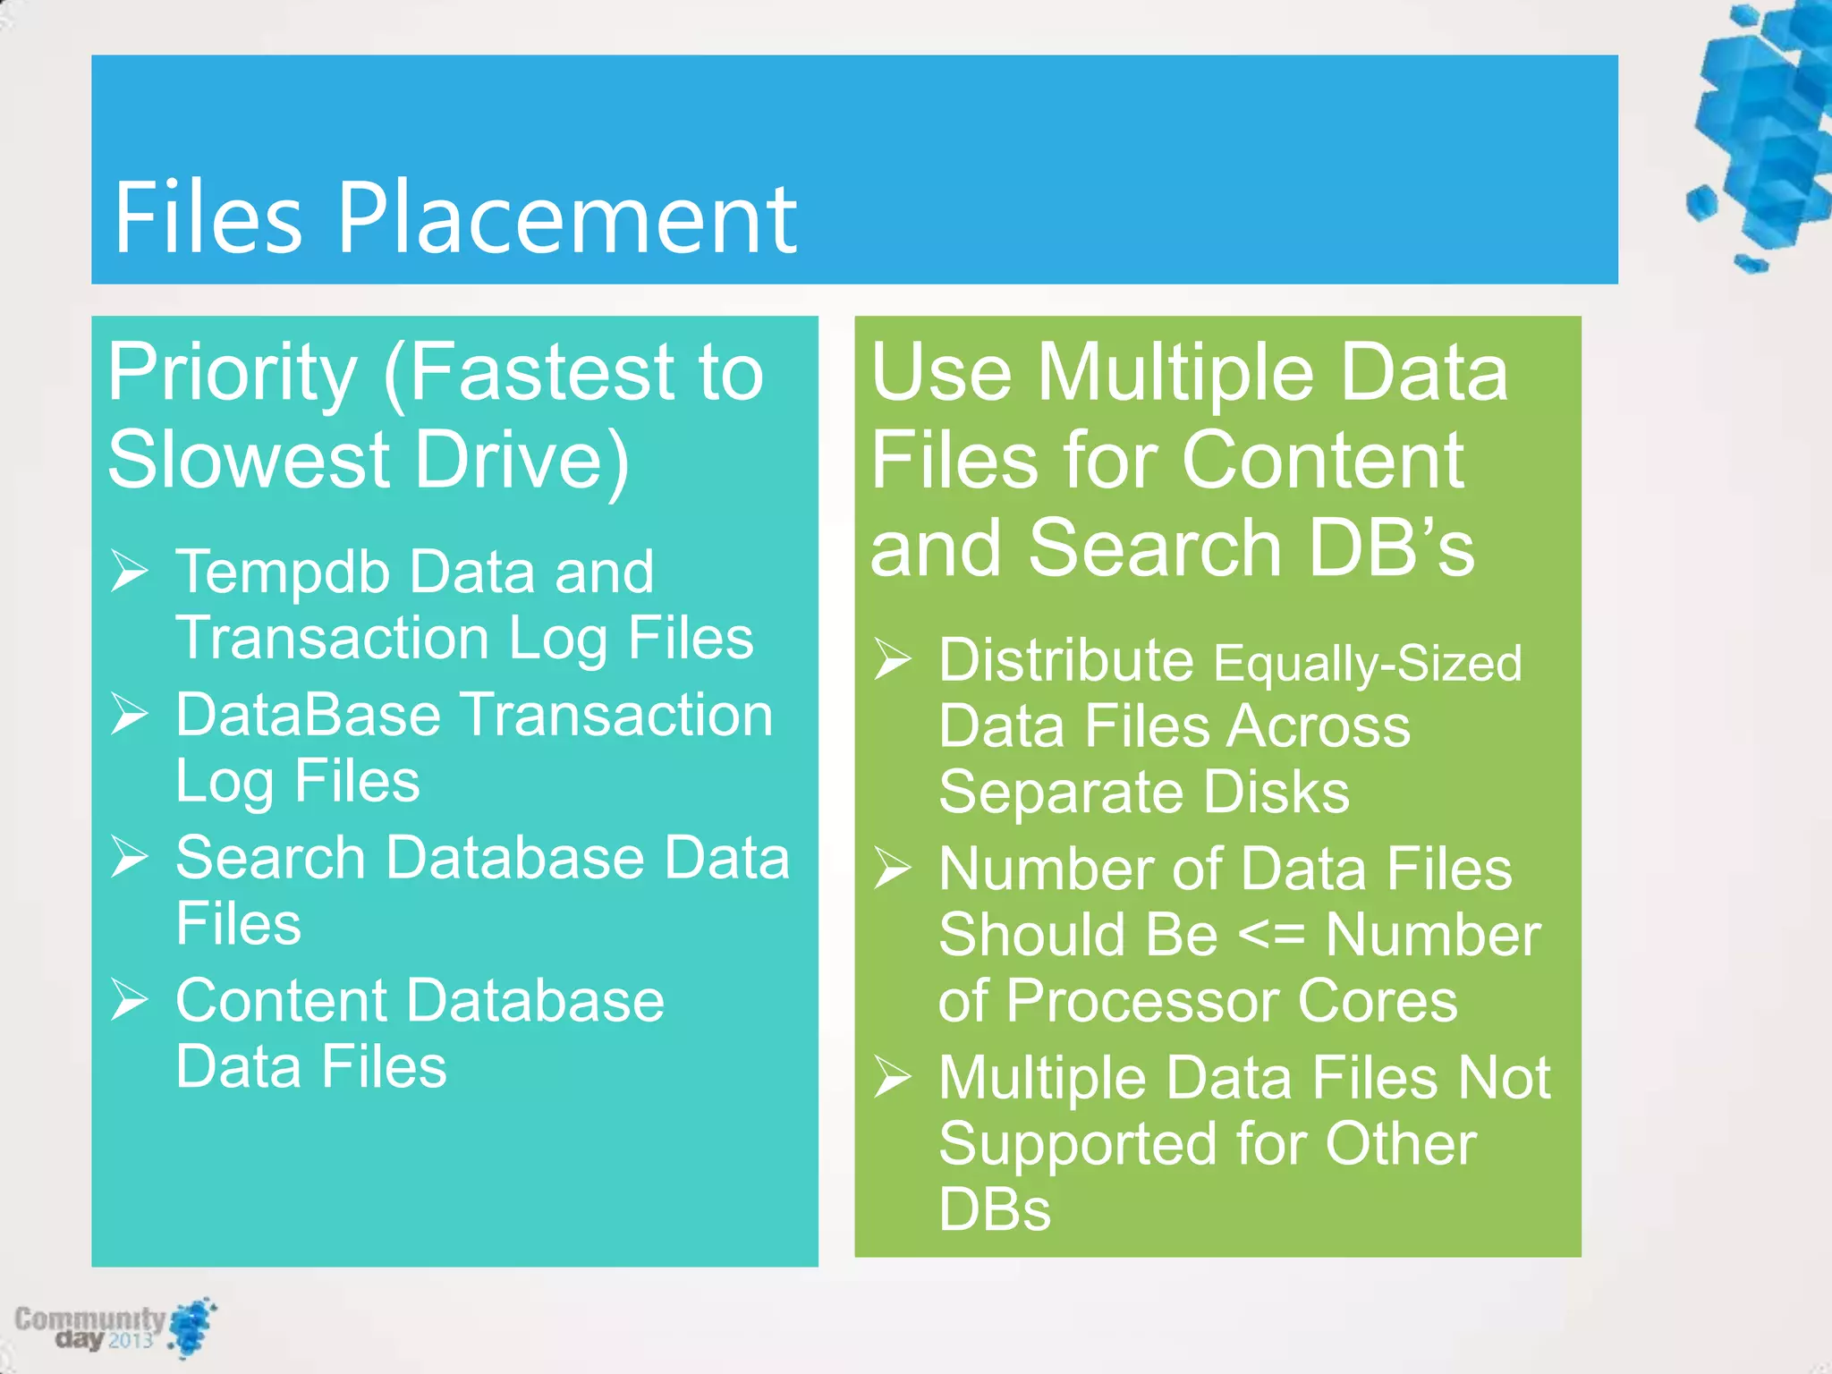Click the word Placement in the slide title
click(x=566, y=219)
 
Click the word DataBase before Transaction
click(x=308, y=716)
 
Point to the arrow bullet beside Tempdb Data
click(x=130, y=571)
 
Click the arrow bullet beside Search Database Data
click(x=130, y=856)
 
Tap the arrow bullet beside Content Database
click(x=130, y=999)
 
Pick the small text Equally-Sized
click(x=1367, y=664)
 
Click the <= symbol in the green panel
click(x=1271, y=936)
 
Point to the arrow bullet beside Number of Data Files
click(x=893, y=868)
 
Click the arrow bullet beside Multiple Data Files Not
click(x=893, y=1076)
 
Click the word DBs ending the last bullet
click(x=995, y=1210)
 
